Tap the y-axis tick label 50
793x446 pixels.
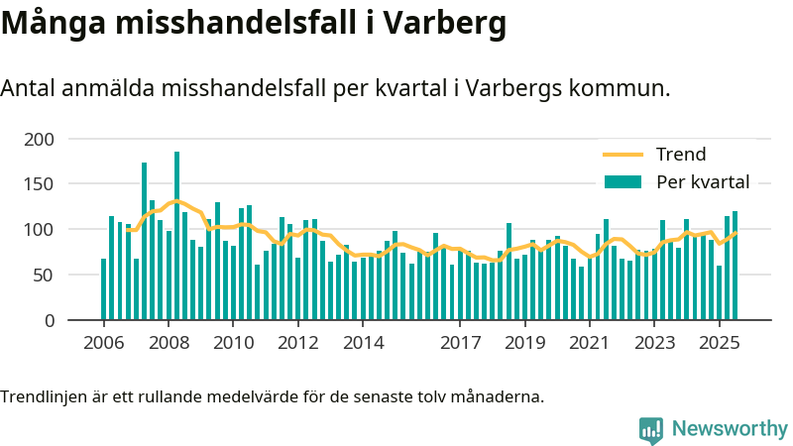(43, 276)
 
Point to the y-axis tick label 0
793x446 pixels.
(48, 321)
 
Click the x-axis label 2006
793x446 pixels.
(103, 343)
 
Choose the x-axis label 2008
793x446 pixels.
(169, 343)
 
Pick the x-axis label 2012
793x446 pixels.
(297, 343)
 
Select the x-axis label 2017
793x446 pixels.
(460, 343)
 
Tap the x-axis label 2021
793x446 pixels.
(589, 343)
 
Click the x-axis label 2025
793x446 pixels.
(719, 343)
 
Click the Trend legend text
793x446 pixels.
(681, 155)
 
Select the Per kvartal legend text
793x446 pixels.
(703, 181)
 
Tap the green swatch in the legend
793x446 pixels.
(623, 181)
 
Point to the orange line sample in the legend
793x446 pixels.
(623, 155)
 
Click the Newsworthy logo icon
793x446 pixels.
(651, 429)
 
